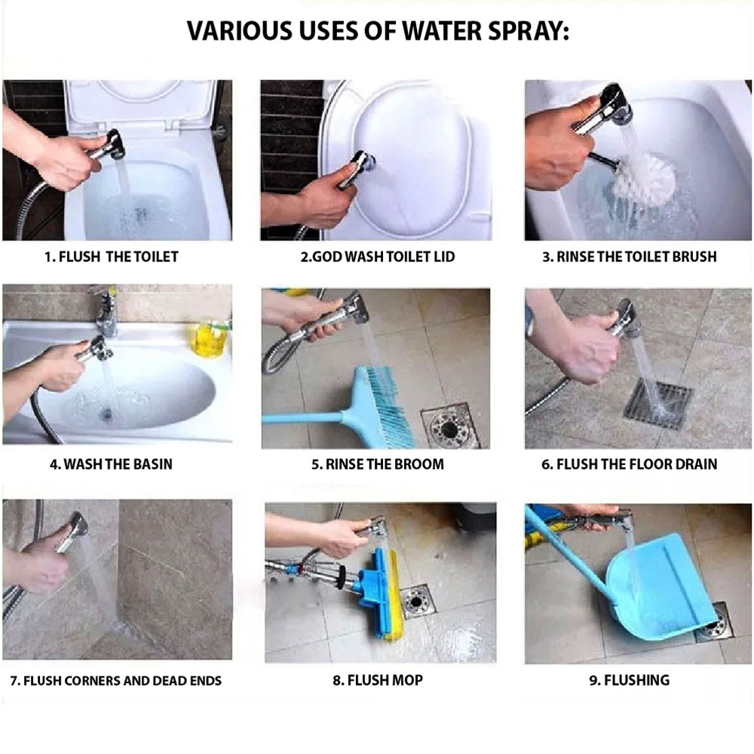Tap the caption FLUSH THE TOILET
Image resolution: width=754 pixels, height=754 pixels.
tap(118, 257)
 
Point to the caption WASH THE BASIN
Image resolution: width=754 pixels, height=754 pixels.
tap(118, 464)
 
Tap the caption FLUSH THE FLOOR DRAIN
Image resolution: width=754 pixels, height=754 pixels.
tap(636, 464)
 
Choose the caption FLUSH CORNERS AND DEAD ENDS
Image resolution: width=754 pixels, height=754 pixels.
tap(122, 680)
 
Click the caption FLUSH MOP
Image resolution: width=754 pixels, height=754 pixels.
tap(385, 680)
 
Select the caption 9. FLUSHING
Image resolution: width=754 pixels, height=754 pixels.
tap(629, 680)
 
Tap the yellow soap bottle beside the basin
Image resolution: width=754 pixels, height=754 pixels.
tap(209, 338)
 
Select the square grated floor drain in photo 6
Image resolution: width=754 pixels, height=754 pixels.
tap(658, 404)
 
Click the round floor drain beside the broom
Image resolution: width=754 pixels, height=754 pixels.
tap(449, 426)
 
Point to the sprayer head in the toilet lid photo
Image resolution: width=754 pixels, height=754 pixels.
tap(364, 161)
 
